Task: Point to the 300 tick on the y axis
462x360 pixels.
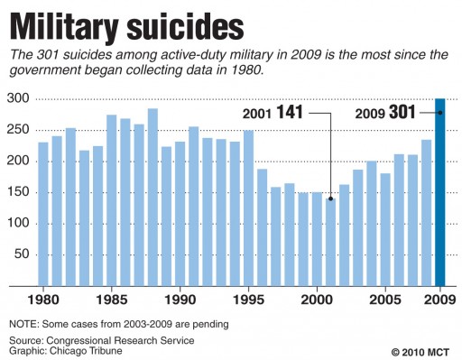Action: click(17, 98)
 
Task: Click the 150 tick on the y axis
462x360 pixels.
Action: click(17, 192)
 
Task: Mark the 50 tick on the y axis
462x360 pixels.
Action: click(22, 255)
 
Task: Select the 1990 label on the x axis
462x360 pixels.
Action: click(180, 299)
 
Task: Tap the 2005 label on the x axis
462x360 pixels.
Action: click(385, 299)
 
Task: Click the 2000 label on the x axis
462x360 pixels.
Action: click(317, 299)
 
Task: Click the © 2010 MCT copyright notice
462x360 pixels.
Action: click(420, 350)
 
